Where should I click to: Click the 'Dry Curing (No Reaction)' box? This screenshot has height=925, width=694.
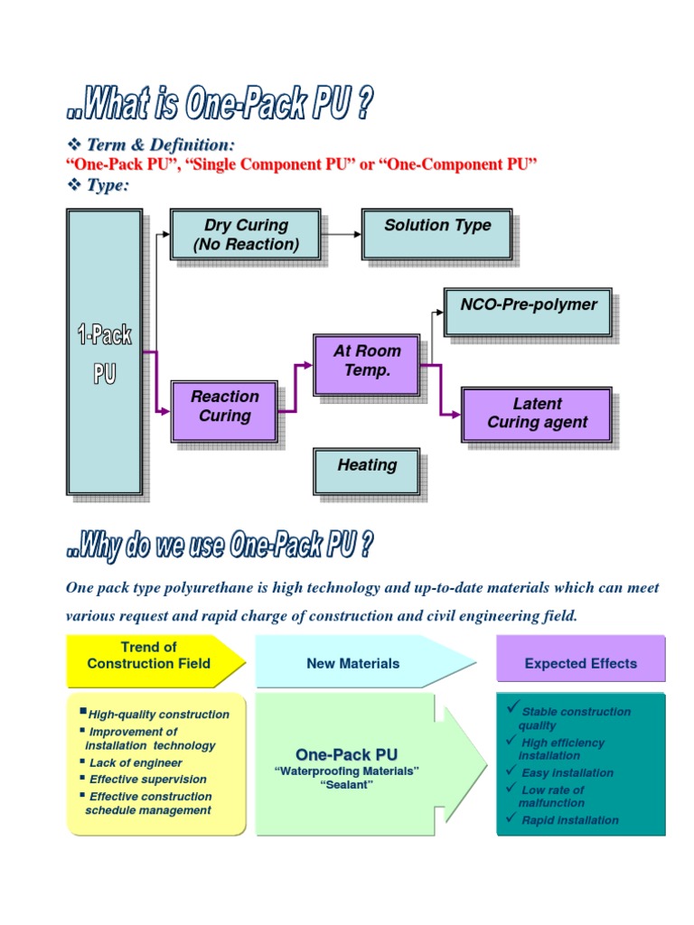click(246, 235)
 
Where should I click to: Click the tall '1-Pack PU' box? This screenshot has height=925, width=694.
click(105, 352)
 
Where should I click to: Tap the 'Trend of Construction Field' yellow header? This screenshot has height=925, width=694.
click(150, 656)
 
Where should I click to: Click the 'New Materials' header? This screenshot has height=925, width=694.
click(352, 663)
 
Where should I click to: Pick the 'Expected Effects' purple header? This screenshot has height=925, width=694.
click(580, 663)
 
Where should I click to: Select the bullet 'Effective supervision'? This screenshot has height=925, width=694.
click(147, 779)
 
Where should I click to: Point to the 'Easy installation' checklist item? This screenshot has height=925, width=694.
click(567, 772)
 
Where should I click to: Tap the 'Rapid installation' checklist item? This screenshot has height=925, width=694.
click(569, 820)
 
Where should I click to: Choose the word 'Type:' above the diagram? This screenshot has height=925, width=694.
click(108, 184)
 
